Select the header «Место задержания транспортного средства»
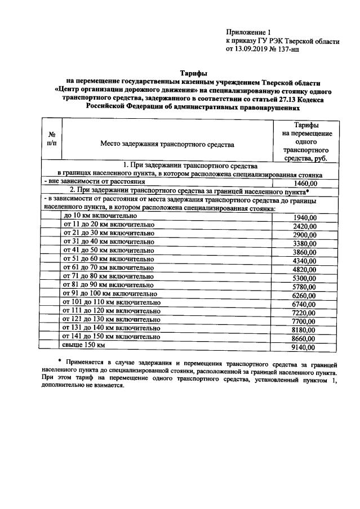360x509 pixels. [x=167, y=145]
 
